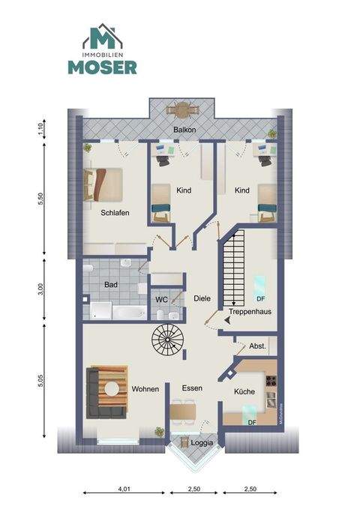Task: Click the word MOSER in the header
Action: pyautogui.click(x=103, y=67)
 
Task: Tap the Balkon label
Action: pyautogui.click(x=184, y=130)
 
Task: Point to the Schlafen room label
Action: pyautogui.click(x=115, y=212)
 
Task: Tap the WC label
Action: pyautogui.click(x=161, y=299)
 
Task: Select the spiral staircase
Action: pyautogui.click(x=169, y=342)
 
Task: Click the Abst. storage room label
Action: pyautogui.click(x=257, y=347)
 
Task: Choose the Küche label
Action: pyautogui.click(x=244, y=391)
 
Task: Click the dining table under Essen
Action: pyautogui.click(x=183, y=411)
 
